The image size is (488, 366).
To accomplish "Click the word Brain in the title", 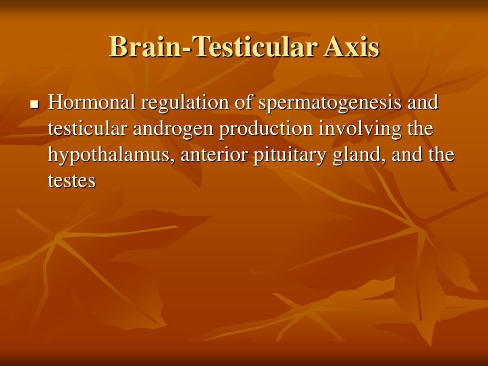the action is pyautogui.click(x=145, y=47).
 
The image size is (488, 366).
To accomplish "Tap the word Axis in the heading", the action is pyautogui.click(x=351, y=47).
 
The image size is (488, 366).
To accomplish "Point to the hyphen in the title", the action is pyautogui.click(x=188, y=50).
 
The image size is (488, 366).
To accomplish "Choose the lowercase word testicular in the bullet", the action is pyautogui.click(x=88, y=128).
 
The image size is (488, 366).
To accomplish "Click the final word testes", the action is pyautogui.click(x=71, y=181).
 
